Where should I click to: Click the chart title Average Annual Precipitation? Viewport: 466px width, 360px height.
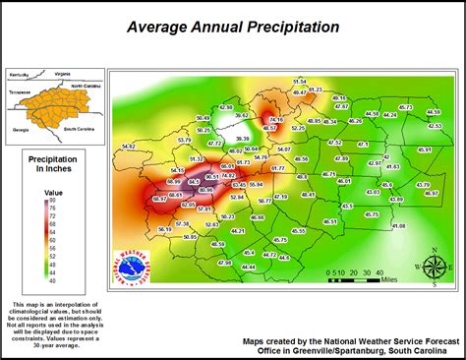point(233,27)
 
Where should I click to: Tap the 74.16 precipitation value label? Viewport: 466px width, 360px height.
point(276,120)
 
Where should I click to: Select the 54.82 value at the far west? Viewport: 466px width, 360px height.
point(128,147)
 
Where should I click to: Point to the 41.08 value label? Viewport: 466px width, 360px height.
point(398,226)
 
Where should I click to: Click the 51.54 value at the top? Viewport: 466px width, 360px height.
point(300,81)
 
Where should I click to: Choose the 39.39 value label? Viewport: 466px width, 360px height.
point(242,139)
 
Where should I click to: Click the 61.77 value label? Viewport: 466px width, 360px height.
point(277,168)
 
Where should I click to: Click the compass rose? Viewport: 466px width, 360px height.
point(433,266)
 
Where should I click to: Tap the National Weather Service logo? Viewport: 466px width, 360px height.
point(133,266)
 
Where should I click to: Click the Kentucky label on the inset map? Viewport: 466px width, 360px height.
point(19,74)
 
